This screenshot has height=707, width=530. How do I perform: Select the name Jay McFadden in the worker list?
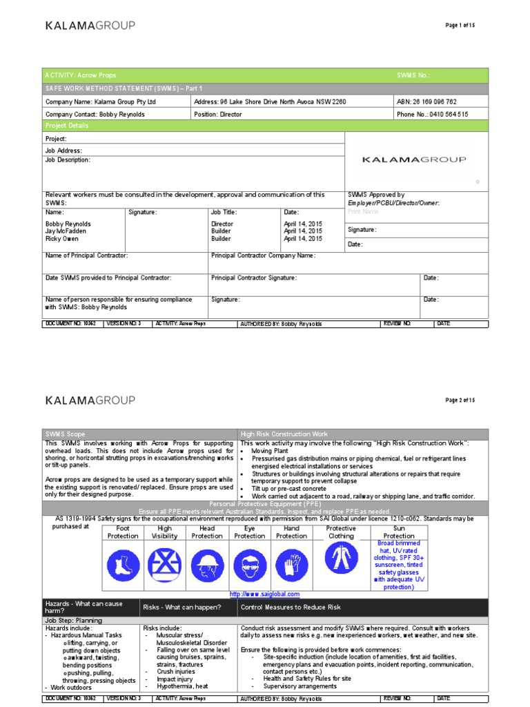pyautogui.click(x=66, y=231)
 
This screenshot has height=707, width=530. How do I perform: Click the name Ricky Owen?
pyautogui.click(x=63, y=239)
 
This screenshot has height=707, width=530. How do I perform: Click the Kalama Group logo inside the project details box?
pyautogui.click(x=414, y=159)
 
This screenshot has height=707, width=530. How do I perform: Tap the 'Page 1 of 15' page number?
pyautogui.click(x=461, y=25)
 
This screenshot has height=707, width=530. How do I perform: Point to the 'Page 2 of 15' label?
pyautogui.click(x=461, y=400)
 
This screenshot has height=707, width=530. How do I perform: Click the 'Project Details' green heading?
pyautogui.click(x=67, y=126)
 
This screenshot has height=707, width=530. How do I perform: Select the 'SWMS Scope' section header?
pyautogui.click(x=66, y=434)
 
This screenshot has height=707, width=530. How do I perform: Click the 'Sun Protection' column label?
pyautogui.click(x=399, y=532)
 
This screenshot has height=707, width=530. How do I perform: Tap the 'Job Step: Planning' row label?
pyautogui.click(x=74, y=620)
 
